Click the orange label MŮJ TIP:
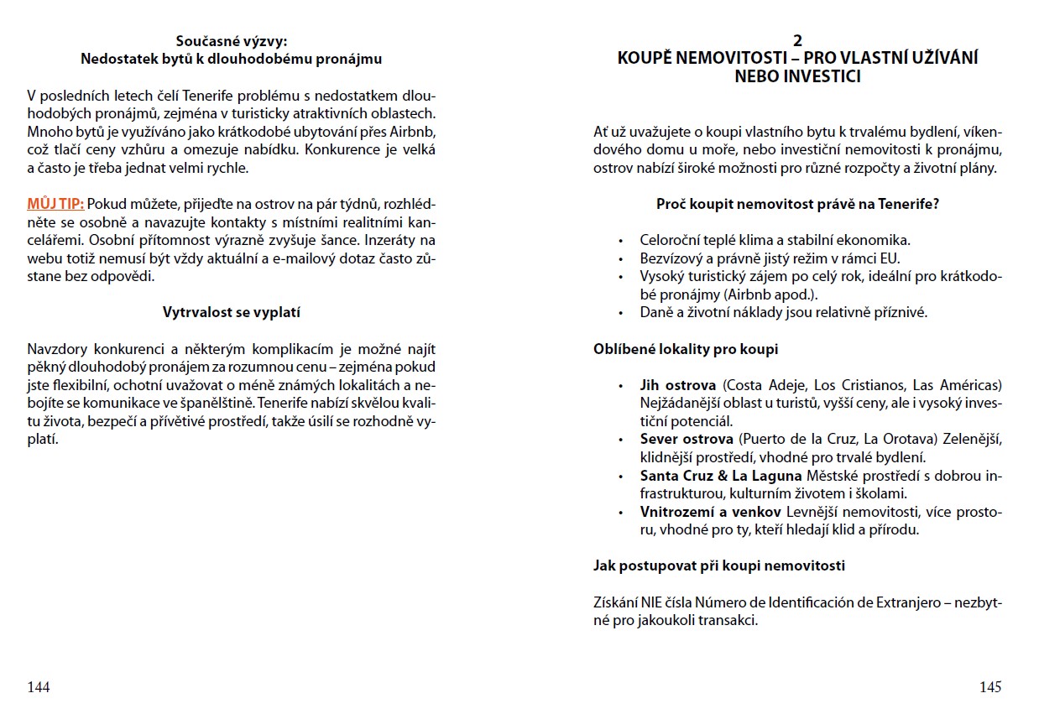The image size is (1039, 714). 55,204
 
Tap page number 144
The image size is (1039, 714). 39,687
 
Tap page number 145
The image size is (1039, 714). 990,687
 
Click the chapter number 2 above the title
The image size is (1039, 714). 797,41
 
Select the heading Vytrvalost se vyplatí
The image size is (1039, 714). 231,312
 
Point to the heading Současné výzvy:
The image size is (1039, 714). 231,41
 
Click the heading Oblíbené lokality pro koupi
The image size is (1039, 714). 686,349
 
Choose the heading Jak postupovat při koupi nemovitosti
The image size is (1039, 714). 718,565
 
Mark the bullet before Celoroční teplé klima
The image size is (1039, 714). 621,241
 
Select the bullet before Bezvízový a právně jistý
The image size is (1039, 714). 621,259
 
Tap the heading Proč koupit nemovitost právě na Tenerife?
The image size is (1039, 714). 797,204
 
